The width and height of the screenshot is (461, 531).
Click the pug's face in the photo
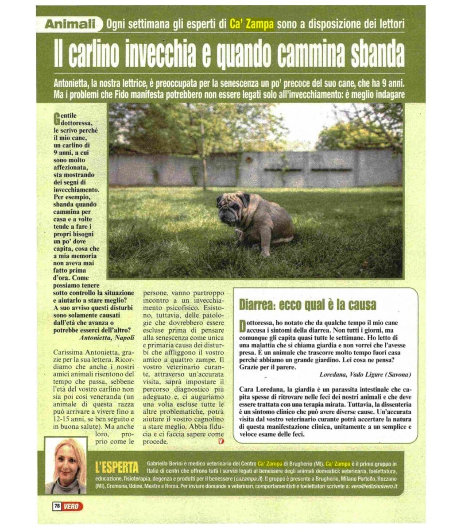(x=231, y=207)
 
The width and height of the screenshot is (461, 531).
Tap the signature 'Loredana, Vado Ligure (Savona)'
(x=365, y=374)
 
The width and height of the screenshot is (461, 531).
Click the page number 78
(x=57, y=506)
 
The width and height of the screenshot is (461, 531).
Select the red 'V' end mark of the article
(x=221, y=441)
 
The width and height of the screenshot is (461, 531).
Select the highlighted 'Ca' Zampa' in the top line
(x=252, y=24)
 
